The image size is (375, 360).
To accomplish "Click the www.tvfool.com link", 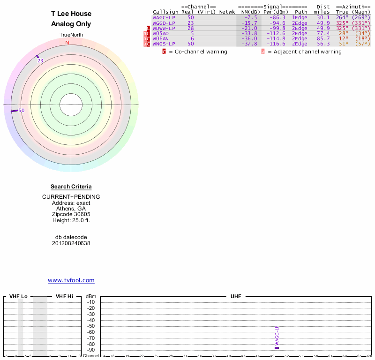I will (x=71, y=280).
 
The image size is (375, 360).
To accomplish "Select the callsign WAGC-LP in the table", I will (x=164, y=17).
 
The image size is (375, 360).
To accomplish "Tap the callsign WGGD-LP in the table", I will (x=164, y=23).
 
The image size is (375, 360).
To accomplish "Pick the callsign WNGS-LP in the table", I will (x=164, y=44).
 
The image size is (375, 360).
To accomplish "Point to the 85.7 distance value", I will (x=323, y=38).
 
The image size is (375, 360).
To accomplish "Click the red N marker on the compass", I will (x=67, y=43).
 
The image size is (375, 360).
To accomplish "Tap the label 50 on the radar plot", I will (x=21, y=110).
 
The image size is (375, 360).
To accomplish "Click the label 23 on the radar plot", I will (x=40, y=61).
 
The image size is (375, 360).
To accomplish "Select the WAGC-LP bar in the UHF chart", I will (x=277, y=348).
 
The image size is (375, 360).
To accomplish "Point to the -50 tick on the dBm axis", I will (x=91, y=326).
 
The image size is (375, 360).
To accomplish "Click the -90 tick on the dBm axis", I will (x=91, y=350).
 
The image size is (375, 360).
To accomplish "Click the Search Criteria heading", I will (x=71, y=187).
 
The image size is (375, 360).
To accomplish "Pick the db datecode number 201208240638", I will (x=71, y=243).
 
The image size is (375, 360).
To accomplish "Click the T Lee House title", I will (x=71, y=14).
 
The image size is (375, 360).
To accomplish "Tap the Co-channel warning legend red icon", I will (x=164, y=52).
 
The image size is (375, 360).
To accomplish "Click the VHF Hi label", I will (x=65, y=297).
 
